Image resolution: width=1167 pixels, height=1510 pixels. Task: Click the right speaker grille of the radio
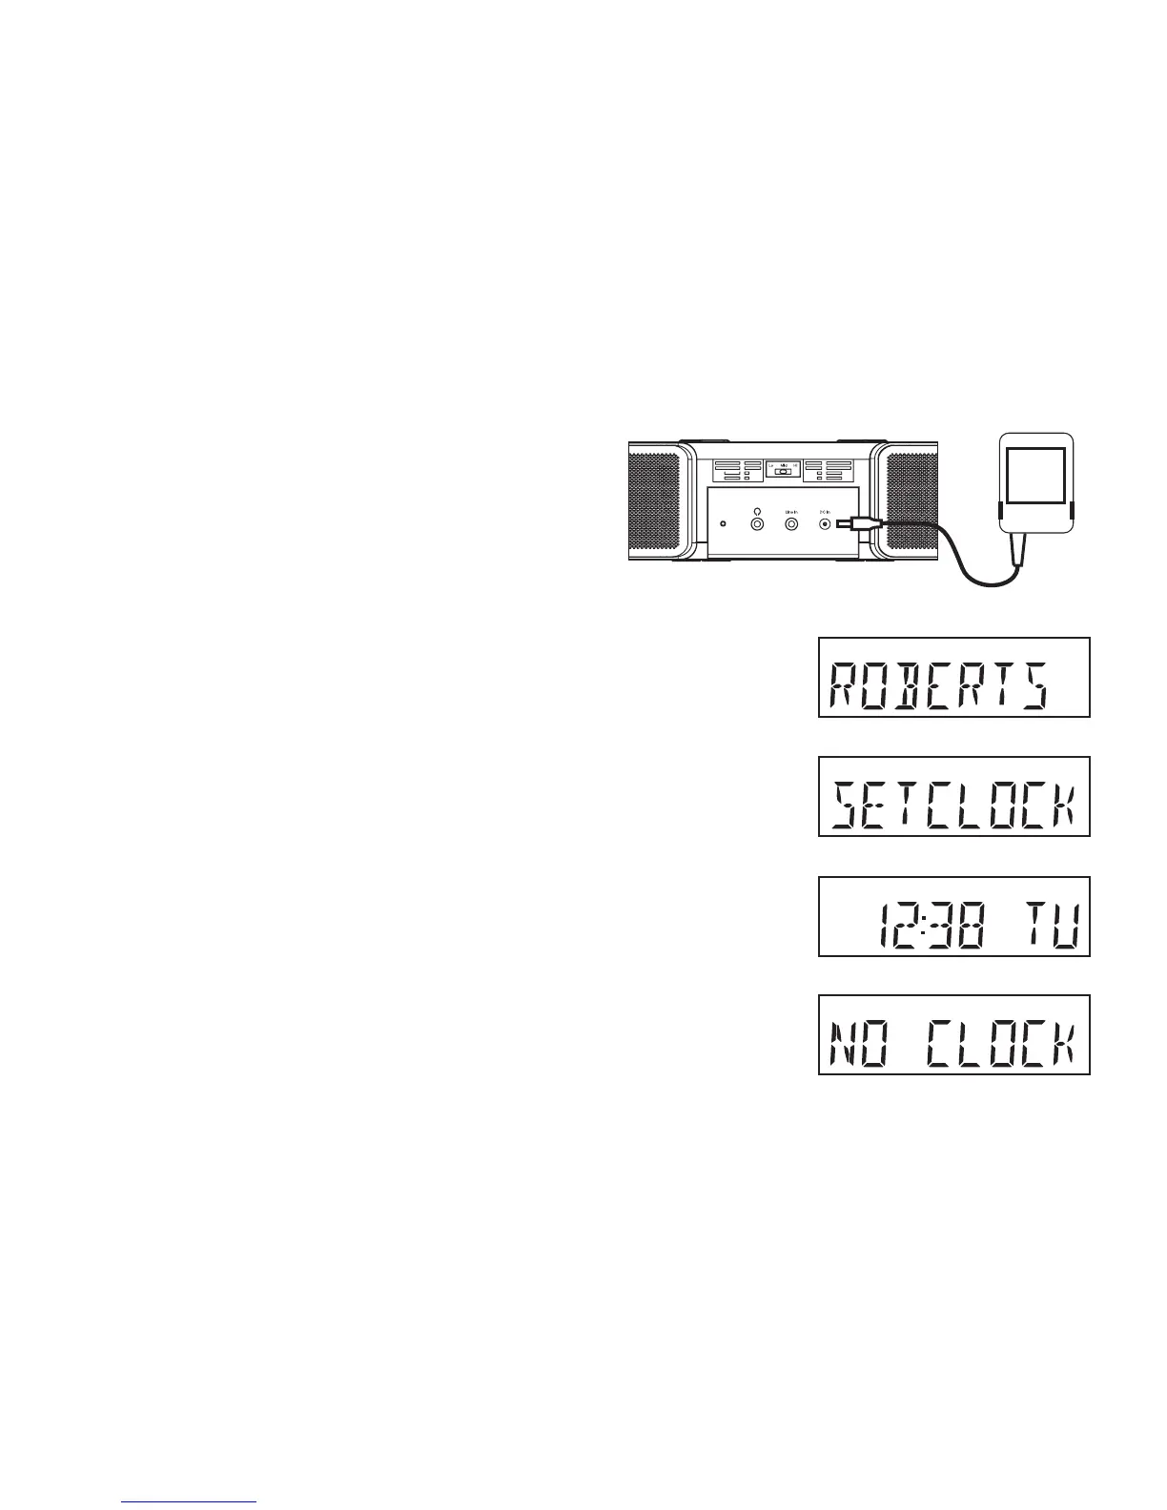914,500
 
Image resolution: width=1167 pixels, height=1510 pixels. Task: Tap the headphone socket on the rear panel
757,523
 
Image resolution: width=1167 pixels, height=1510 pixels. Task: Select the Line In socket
791,523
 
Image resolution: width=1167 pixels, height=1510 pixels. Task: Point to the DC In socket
825,523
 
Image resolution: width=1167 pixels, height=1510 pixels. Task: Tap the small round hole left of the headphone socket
723,524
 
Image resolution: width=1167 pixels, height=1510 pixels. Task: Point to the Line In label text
791,511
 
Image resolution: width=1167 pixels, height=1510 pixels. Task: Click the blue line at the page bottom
190,1502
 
